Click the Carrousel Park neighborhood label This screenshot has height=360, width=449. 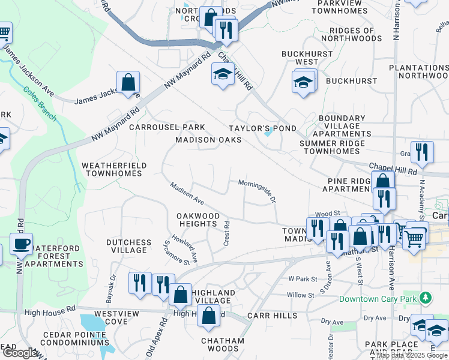pyautogui.click(x=167, y=127)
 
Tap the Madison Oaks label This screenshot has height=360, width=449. pyautogui.click(x=208, y=140)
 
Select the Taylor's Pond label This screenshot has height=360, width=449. pyautogui.click(x=262, y=128)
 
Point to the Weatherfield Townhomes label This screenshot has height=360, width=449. pyautogui.click(x=113, y=169)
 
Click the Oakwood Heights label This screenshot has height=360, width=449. pyautogui.click(x=197, y=220)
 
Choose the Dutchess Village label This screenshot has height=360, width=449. pyautogui.click(x=128, y=247)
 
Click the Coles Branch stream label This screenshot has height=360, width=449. pyautogui.click(x=40, y=104)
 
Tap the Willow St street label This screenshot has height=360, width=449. pyautogui.click(x=301, y=295)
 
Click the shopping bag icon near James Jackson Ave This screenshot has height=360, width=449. pyautogui.click(x=128, y=83)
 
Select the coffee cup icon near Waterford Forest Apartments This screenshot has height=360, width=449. pyautogui.click(x=22, y=244)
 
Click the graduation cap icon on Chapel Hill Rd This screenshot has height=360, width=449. pyautogui.click(x=223, y=74)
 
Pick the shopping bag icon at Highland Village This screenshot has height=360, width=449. pyautogui.click(x=180, y=294)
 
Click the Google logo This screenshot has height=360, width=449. pyautogui.click(x=19, y=353)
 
